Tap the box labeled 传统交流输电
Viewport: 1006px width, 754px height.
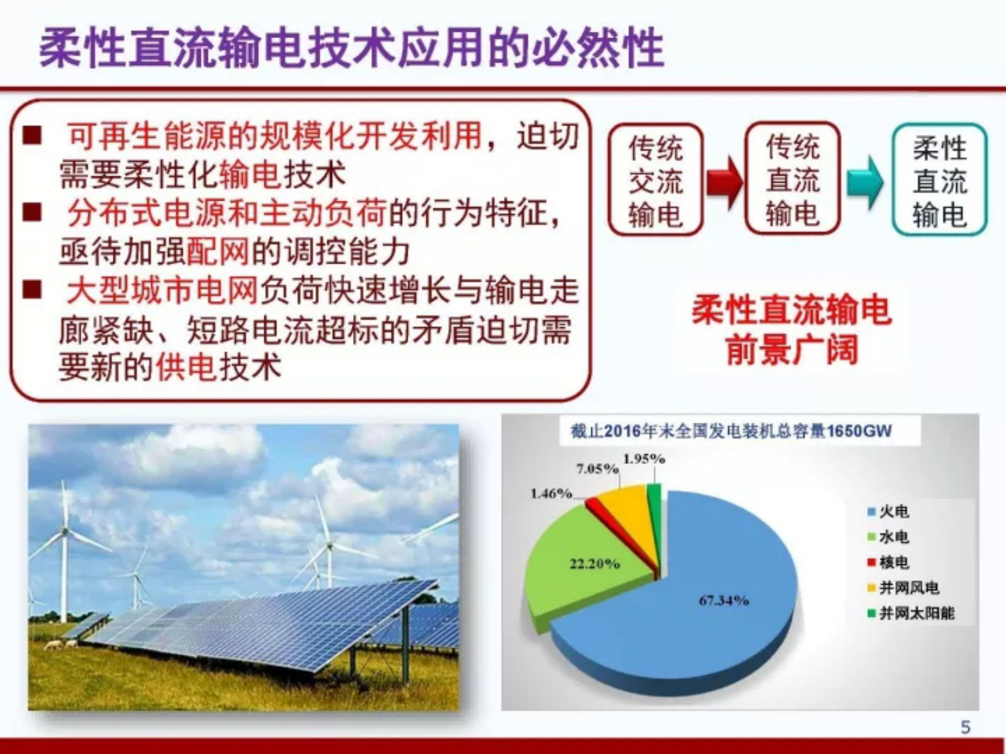coord(655,181)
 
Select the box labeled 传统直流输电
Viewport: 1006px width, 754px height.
coord(792,179)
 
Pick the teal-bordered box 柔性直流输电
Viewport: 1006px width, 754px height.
coord(939,181)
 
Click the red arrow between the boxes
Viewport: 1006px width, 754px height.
coord(724,182)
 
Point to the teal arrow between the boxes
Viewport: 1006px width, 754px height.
coord(865,182)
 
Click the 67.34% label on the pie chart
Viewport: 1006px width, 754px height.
coord(723,600)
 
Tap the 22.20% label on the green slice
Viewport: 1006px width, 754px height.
coord(594,563)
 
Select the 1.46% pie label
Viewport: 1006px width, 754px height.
coord(550,493)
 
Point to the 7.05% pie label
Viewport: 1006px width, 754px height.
coord(597,469)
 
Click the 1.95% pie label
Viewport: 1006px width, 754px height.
coord(643,458)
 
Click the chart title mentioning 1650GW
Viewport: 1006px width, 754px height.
coord(730,431)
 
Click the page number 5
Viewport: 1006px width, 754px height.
coord(965,727)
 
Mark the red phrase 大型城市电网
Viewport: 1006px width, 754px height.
coord(162,291)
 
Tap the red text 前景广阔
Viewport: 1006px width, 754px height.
coord(791,350)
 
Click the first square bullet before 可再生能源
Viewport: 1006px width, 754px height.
coord(32,135)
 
